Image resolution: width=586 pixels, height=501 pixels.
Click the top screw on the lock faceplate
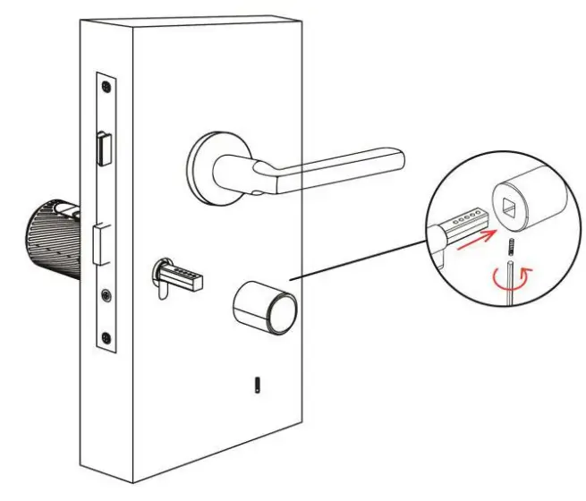tap(107, 86)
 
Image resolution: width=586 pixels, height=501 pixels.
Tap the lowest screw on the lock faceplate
tap(107, 336)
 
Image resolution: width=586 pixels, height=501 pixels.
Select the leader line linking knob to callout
tap(358, 260)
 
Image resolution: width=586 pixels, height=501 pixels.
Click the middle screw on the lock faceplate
tap(107, 296)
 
